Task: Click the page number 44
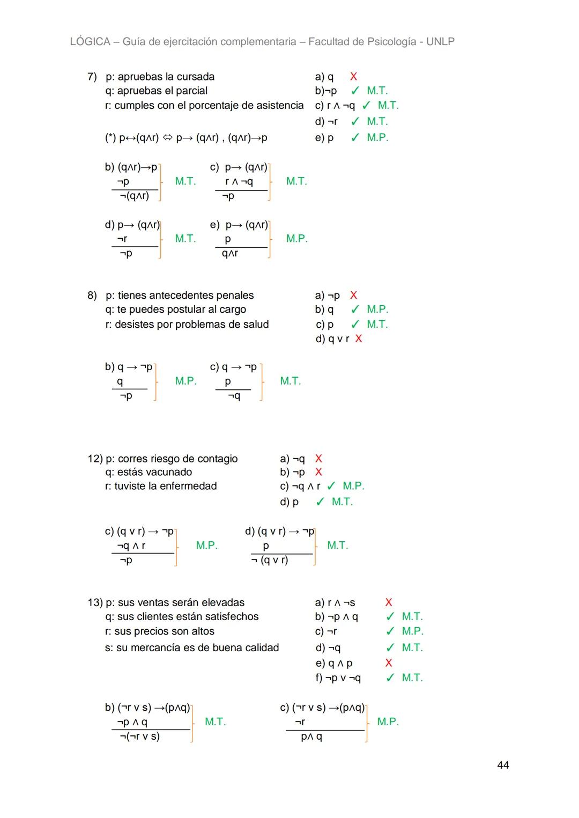pyautogui.click(x=503, y=765)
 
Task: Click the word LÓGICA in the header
pyautogui.click(x=90, y=42)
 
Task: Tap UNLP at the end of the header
pyautogui.click(x=440, y=42)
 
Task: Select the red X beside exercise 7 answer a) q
pyautogui.click(x=353, y=77)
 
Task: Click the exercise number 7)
pyautogui.click(x=92, y=77)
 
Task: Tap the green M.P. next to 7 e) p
pyautogui.click(x=377, y=137)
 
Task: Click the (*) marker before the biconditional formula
pyautogui.click(x=110, y=138)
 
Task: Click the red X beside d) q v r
pyautogui.click(x=359, y=338)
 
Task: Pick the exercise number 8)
pyautogui.click(x=92, y=295)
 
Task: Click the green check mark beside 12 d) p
pyautogui.click(x=320, y=502)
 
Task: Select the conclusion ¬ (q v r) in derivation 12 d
pyautogui.click(x=270, y=560)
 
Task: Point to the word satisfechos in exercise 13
pyautogui.click(x=233, y=616)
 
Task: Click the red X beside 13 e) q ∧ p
pyautogui.click(x=389, y=663)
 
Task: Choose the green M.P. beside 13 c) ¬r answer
pyautogui.click(x=412, y=631)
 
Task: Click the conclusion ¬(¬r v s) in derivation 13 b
pyautogui.click(x=140, y=736)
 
